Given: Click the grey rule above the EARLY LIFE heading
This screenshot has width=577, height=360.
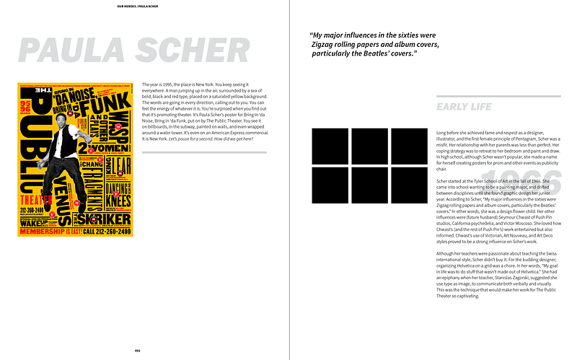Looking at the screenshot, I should (x=498, y=96).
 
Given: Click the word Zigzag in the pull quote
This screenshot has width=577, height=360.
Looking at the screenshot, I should (x=317, y=45).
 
